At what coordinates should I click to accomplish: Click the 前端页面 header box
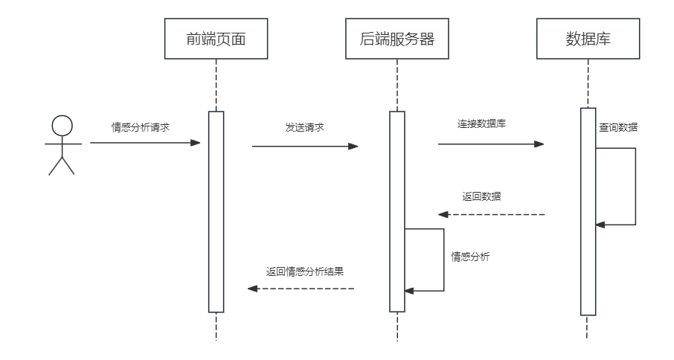point(216,39)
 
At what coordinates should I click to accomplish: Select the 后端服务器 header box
point(397,39)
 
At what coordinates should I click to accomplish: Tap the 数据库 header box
point(588,39)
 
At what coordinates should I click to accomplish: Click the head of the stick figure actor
point(62,126)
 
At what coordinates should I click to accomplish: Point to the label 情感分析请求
point(141,126)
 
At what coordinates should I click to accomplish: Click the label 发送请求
point(304,127)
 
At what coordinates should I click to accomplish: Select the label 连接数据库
point(482,123)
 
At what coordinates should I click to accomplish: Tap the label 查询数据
point(618,127)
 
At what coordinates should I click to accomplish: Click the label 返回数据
point(481,196)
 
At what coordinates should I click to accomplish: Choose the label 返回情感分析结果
point(305,271)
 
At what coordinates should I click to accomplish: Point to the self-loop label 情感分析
point(470,257)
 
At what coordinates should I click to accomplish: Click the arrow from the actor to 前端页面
point(145,142)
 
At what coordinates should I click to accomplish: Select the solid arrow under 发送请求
point(305,147)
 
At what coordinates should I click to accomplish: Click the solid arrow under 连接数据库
point(491,144)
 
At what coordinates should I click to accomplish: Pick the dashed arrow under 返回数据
point(491,214)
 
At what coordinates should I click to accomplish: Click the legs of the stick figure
point(62,165)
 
